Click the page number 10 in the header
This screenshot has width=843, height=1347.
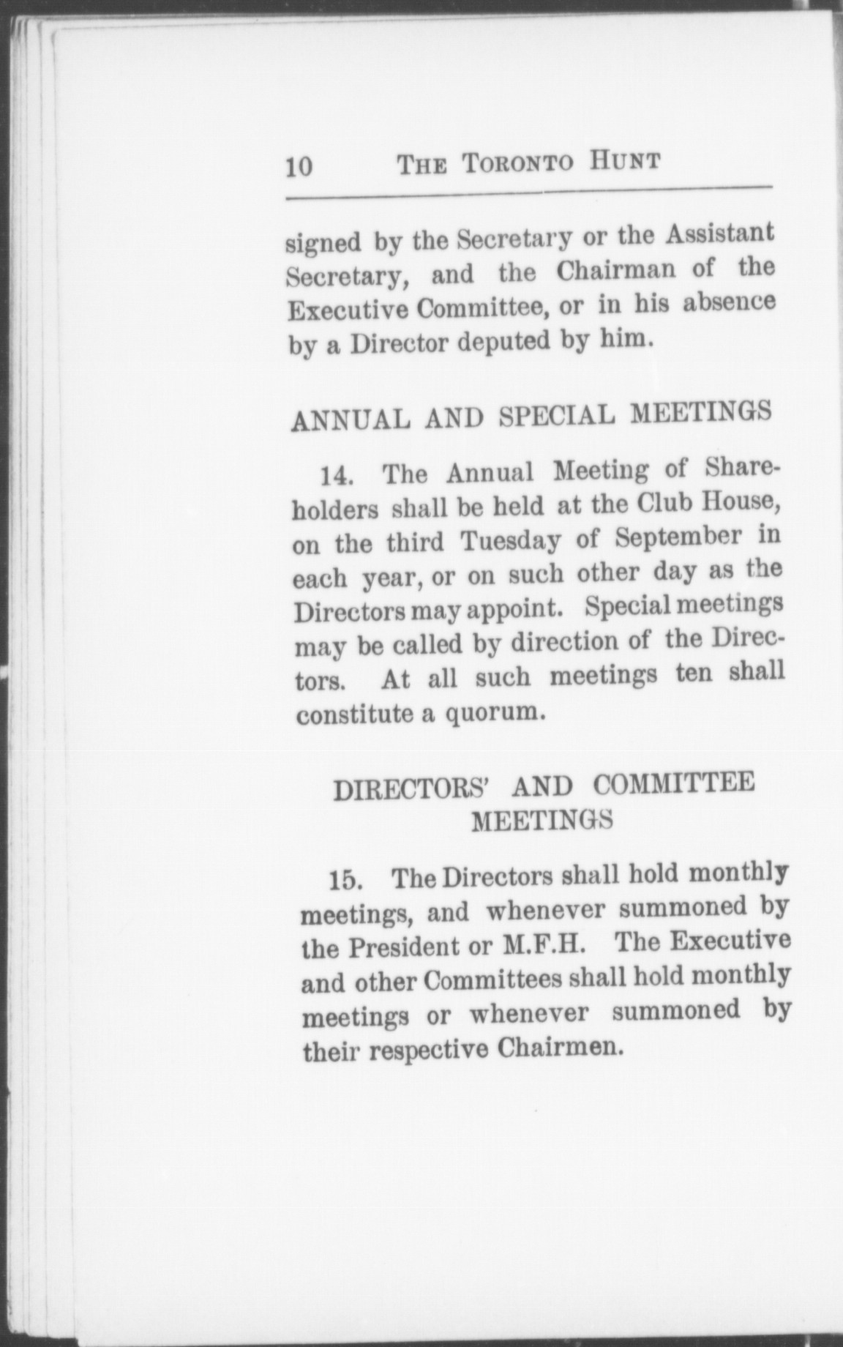pos(299,167)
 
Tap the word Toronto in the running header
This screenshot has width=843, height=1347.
pos(517,162)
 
